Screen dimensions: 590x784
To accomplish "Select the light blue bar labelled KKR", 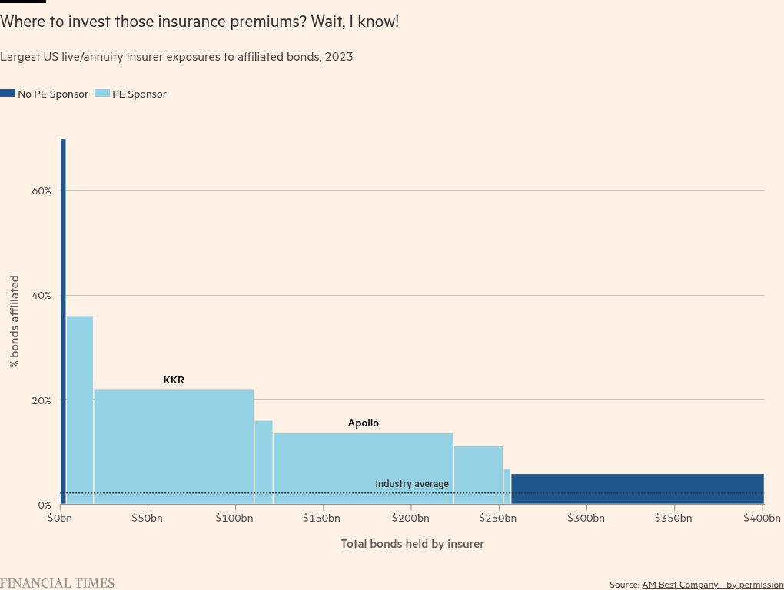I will click(x=174, y=446).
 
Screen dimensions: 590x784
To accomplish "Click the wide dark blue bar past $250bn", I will click(x=636, y=488).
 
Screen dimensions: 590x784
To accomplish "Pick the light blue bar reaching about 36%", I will click(x=80, y=407).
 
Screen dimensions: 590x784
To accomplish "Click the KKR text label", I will click(x=174, y=380).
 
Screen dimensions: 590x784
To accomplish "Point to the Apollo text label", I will click(x=364, y=423).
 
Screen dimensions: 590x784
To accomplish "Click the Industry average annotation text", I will click(x=412, y=484).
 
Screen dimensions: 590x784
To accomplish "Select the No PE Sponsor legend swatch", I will click(x=8, y=94).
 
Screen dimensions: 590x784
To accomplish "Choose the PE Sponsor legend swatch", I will click(x=101, y=94).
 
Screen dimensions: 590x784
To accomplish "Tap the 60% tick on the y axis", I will click(x=41, y=191).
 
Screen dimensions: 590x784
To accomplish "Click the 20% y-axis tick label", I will click(x=41, y=401).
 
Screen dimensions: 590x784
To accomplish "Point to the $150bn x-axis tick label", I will click(x=321, y=519).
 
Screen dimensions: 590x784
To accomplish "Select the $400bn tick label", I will click(x=762, y=519).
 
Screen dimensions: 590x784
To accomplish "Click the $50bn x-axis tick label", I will click(x=147, y=519).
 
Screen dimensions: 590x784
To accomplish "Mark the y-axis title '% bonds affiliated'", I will click(x=15, y=321).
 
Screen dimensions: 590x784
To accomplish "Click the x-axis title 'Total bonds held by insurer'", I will click(x=412, y=544).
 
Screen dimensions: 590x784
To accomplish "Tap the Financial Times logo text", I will click(x=57, y=583).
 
